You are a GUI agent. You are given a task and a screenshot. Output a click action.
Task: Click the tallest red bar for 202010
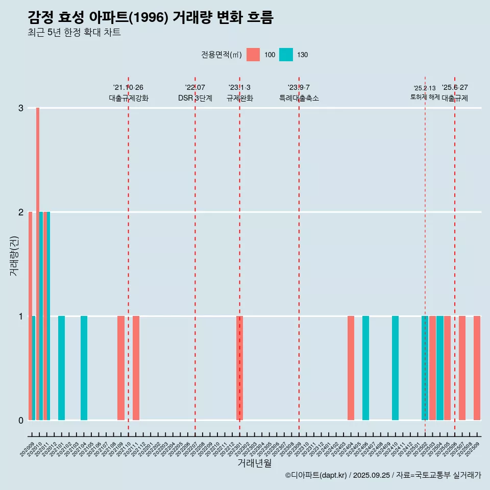(38, 263)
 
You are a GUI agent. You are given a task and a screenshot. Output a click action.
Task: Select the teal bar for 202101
(61, 368)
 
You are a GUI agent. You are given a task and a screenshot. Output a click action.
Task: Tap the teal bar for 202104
(84, 368)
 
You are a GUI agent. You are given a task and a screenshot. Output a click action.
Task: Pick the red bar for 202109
(121, 368)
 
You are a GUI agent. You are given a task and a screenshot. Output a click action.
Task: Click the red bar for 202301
(239, 368)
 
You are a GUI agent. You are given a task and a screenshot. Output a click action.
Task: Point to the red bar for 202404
(351, 368)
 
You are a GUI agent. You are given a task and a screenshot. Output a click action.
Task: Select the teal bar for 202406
(365, 368)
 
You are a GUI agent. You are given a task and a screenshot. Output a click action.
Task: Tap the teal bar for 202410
(395, 368)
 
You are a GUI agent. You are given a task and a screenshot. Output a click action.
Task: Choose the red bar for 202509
(477, 368)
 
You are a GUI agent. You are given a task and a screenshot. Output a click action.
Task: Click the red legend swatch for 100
(253, 55)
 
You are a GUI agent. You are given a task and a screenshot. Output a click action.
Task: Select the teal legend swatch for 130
(286, 55)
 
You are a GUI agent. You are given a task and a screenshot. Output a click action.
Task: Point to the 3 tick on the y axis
(21, 108)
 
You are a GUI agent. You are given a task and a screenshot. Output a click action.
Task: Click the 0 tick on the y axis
(21, 421)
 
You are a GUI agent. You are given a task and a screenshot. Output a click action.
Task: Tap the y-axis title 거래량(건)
(14, 255)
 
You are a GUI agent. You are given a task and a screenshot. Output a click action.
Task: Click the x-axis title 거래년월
(254, 463)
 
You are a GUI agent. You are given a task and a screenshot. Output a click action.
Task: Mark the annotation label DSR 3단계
(195, 98)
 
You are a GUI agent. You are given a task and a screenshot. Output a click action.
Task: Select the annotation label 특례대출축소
(299, 98)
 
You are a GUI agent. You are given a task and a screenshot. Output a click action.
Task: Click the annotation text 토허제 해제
(425, 97)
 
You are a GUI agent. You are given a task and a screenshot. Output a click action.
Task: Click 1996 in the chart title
(149, 18)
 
